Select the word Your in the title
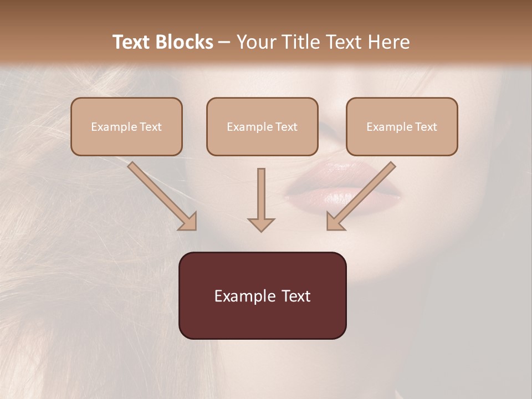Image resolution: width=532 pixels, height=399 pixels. pyautogui.click(x=255, y=42)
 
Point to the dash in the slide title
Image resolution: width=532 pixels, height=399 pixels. pyautogui.click(x=224, y=43)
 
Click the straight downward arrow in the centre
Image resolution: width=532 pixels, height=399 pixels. pyautogui.click(x=261, y=197)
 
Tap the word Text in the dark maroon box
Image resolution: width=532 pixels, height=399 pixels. pyautogui.click(x=295, y=296)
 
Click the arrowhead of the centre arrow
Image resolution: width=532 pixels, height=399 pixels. pyautogui.click(x=261, y=223)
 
